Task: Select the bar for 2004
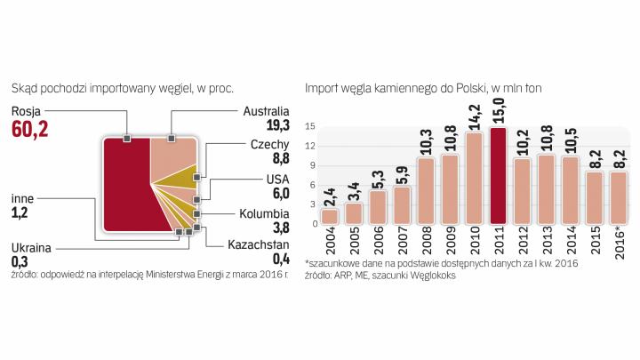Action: coord(330,216)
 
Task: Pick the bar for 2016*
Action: coord(619,197)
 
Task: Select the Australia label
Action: coord(266,111)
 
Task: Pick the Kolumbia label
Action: coord(264,214)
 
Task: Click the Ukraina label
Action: coord(31,248)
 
